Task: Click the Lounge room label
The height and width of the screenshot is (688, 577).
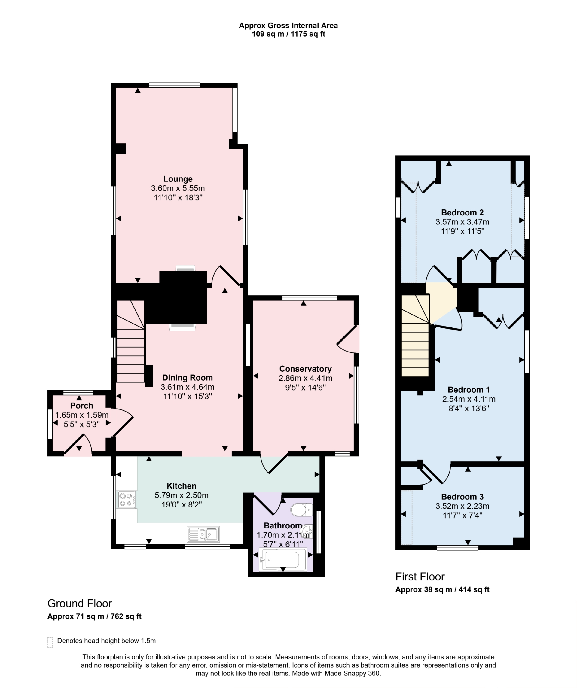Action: pos(178,179)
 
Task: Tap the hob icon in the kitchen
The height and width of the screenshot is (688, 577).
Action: pos(127,500)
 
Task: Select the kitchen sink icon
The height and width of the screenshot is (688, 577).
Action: pos(203,534)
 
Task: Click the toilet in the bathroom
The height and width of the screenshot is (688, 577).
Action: pos(301,510)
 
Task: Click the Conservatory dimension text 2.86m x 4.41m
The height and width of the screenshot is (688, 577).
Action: pos(305,378)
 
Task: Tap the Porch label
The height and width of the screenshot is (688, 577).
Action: pos(81,406)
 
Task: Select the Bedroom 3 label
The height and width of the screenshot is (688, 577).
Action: pos(462,497)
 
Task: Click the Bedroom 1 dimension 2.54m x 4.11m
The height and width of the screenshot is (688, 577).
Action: pos(469,399)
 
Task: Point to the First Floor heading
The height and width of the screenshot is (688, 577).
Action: pos(420,577)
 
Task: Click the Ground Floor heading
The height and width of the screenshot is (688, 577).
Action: pos(80,604)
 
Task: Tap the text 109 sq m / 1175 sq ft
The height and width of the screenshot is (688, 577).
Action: pos(288,34)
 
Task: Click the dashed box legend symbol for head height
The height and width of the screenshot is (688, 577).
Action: pos(50,642)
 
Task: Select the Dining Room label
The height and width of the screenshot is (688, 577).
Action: pos(188,378)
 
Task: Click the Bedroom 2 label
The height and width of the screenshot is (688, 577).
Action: pos(462,212)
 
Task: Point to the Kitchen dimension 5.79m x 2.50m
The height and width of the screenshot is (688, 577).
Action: pos(181,495)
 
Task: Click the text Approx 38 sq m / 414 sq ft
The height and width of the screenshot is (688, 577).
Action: pos(442,590)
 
